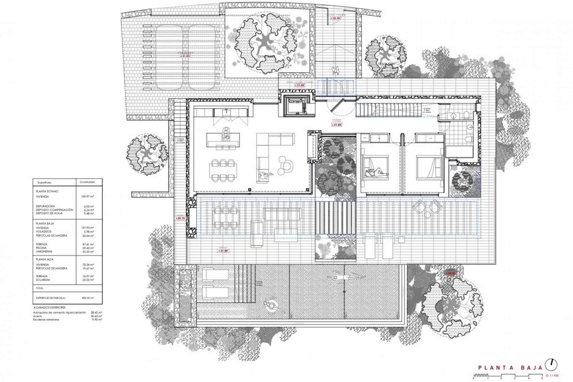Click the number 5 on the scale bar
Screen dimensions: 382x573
[x=542, y=378]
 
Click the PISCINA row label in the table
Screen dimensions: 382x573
[x=41, y=248]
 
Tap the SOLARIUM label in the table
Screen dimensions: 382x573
[x=43, y=280]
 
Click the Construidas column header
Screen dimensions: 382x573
[x=87, y=182]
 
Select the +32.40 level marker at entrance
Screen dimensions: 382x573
[x=335, y=18]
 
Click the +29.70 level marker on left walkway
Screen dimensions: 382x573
[x=181, y=218]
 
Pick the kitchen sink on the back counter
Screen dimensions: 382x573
[x=226, y=113]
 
